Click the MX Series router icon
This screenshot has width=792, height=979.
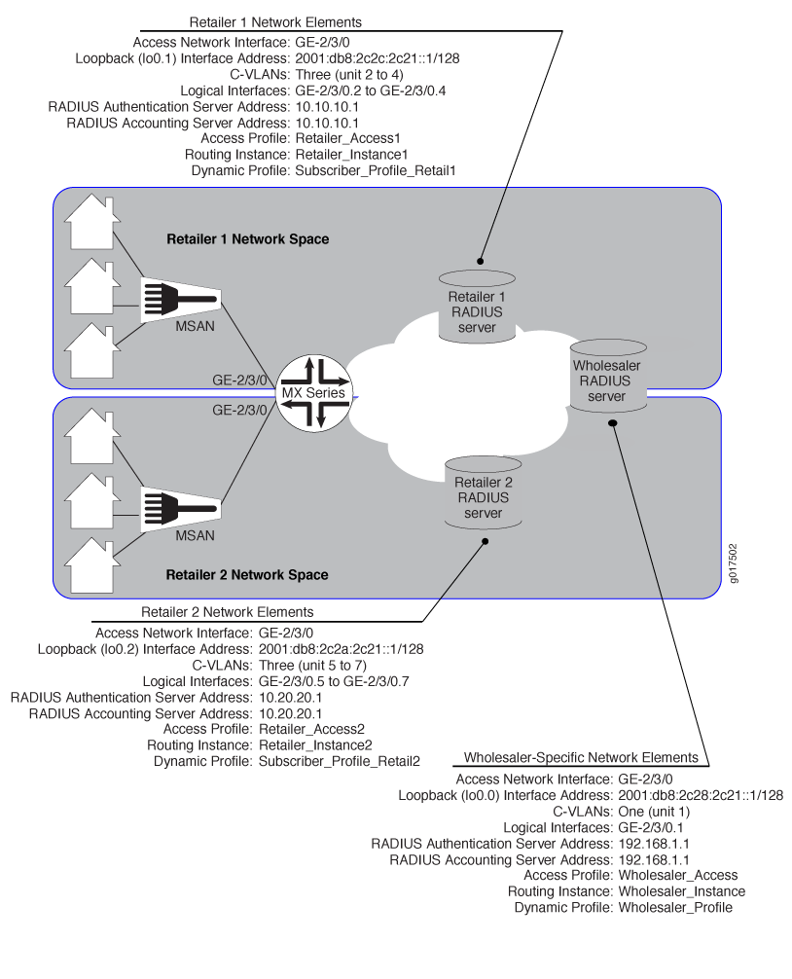click(x=315, y=394)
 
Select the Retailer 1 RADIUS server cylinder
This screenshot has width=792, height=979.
click(x=477, y=305)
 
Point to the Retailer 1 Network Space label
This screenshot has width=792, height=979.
click(x=247, y=238)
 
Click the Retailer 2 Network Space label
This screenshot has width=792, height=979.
click(x=247, y=575)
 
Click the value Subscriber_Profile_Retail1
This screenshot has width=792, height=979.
click(x=376, y=170)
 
